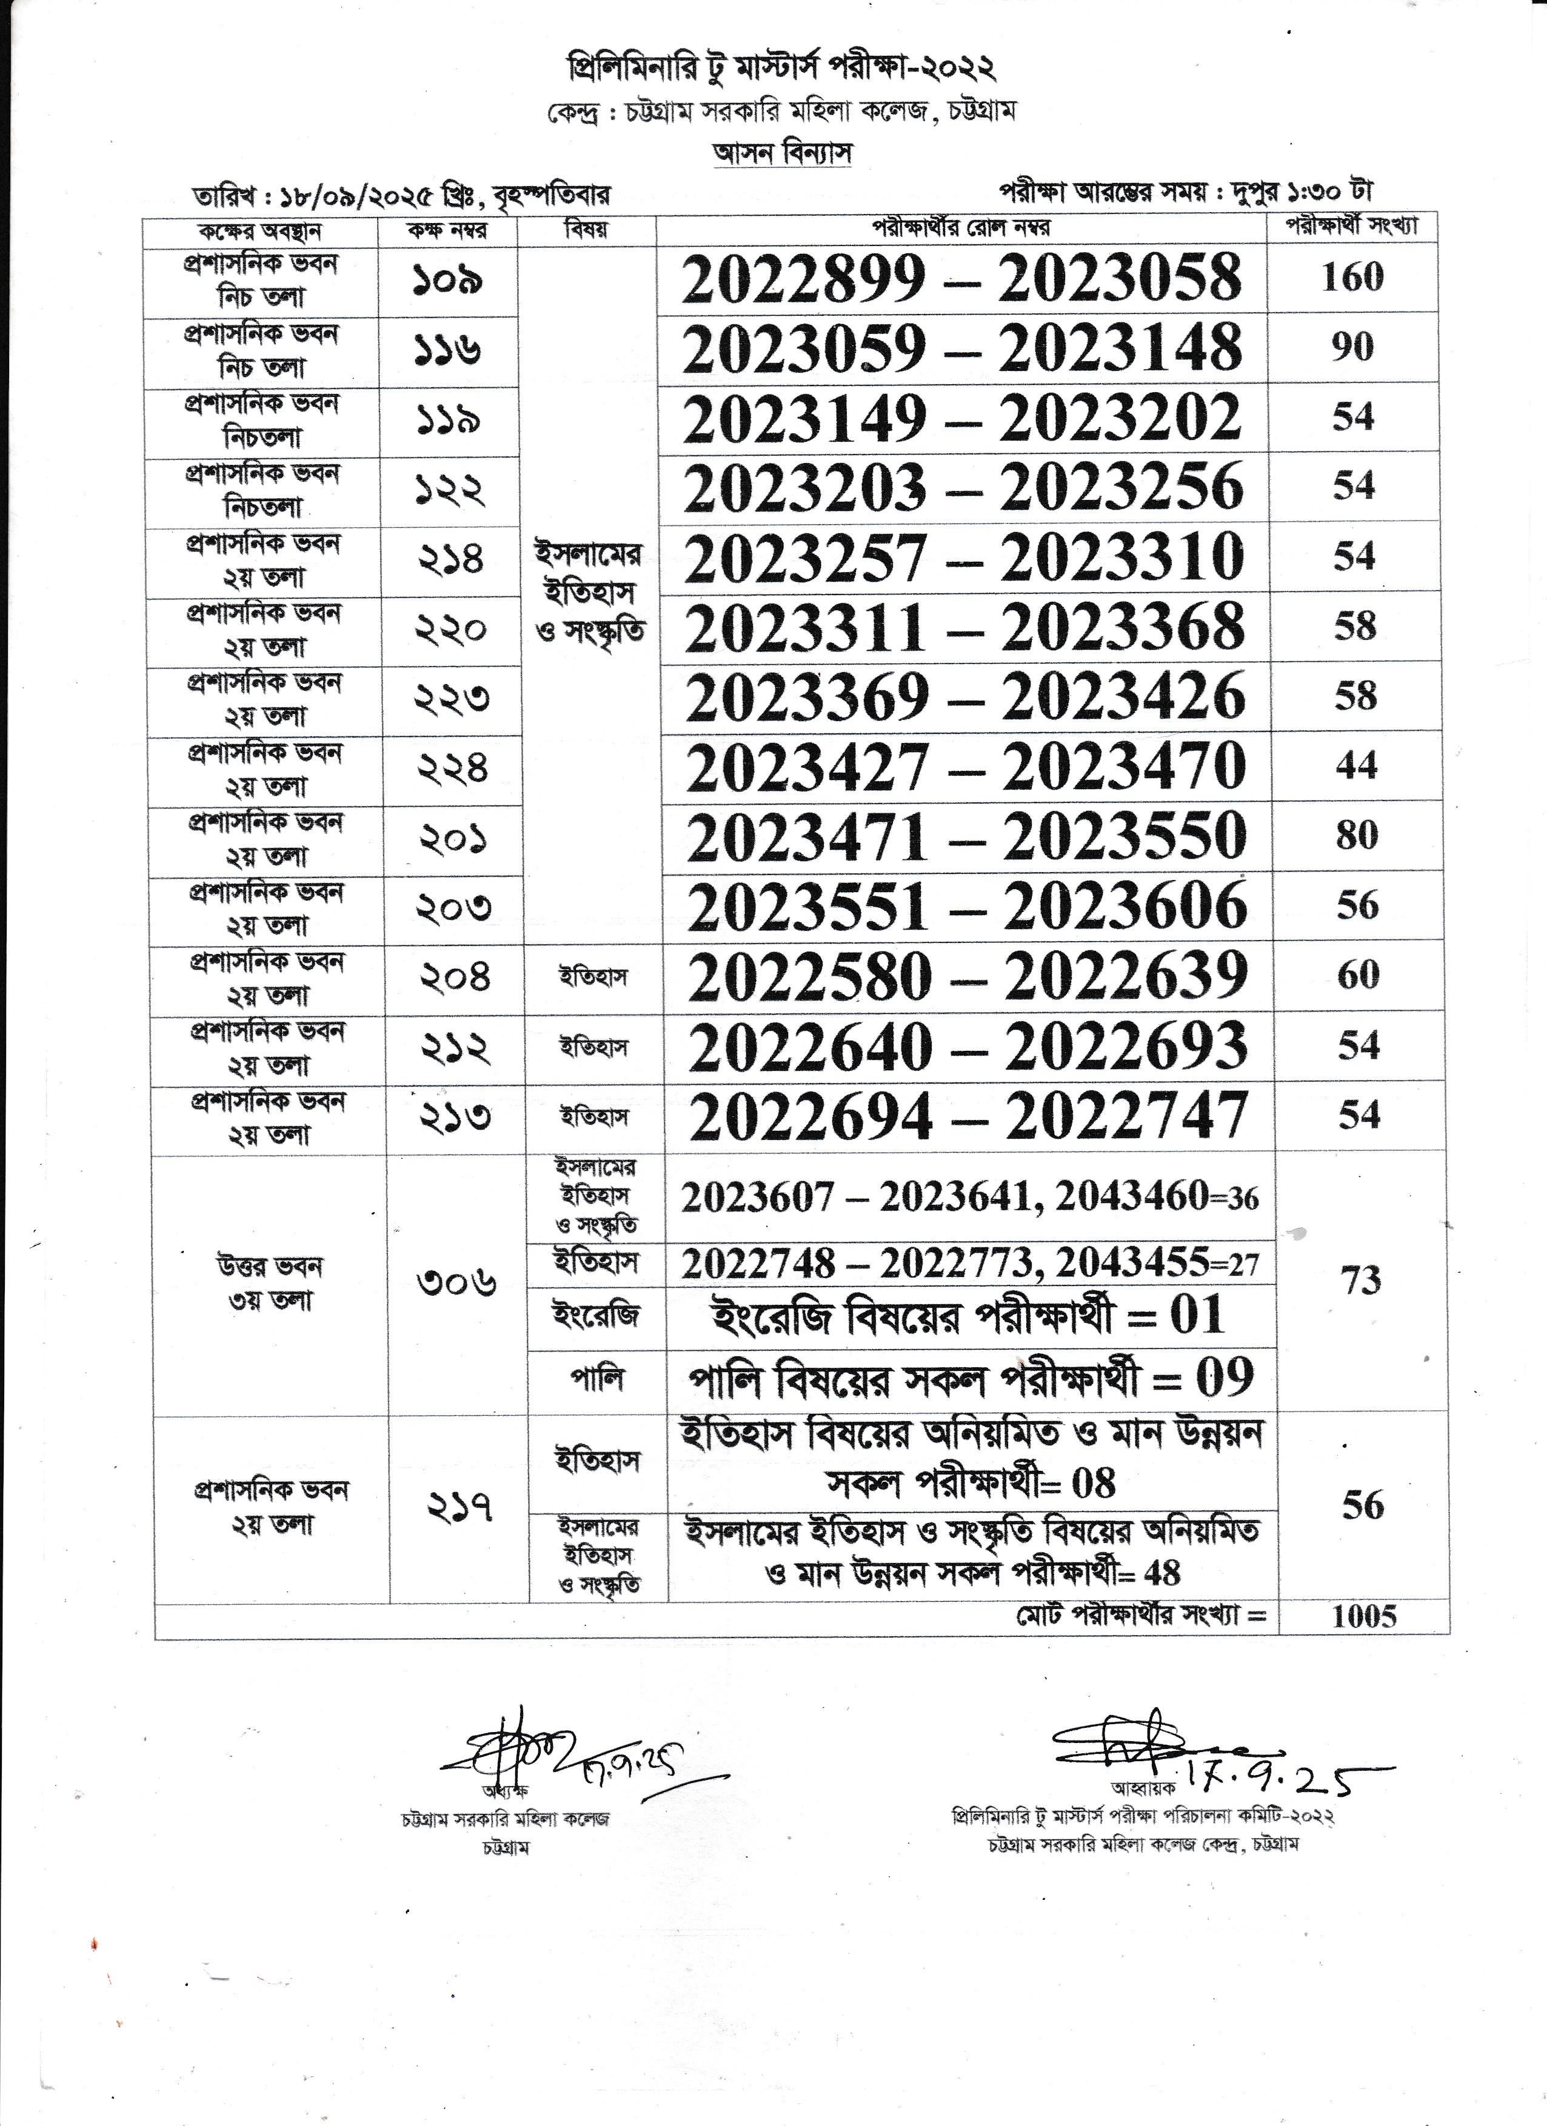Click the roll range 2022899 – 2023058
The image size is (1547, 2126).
961,279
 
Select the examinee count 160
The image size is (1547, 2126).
1352,278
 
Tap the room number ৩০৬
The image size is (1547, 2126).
456,1283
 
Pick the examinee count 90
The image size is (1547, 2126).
1352,348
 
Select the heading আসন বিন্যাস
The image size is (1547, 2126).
782,152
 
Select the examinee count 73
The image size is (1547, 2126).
1362,1281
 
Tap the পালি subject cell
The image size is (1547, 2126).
596,1379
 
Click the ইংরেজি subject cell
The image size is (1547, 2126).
596,1315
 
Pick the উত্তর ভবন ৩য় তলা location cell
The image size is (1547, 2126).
269,1283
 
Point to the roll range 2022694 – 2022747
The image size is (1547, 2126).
967,1116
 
